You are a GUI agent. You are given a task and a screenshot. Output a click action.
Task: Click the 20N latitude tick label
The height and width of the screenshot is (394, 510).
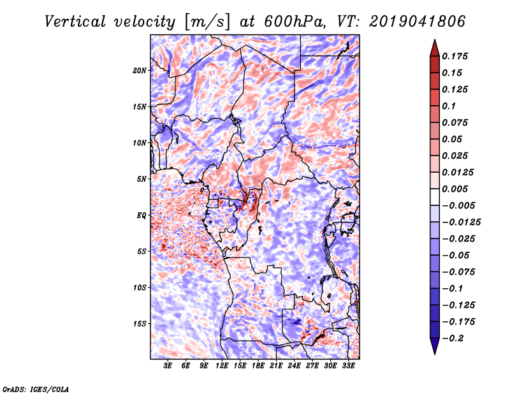[140, 70]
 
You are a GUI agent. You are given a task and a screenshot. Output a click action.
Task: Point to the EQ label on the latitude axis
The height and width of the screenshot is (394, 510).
[141, 215]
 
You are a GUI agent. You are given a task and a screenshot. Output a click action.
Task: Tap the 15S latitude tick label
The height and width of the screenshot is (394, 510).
[140, 324]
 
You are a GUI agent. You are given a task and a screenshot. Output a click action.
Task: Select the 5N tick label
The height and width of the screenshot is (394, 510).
[142, 179]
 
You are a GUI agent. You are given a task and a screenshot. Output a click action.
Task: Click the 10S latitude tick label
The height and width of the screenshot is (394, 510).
[140, 288]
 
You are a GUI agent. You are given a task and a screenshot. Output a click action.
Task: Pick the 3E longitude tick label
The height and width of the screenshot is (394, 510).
[168, 366]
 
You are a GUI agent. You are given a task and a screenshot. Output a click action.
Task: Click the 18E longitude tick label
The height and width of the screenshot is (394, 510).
[258, 366]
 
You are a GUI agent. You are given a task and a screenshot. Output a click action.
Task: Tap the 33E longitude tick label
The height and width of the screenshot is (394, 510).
[348, 366]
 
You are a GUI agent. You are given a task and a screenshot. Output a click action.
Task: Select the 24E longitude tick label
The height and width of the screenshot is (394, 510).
[295, 366]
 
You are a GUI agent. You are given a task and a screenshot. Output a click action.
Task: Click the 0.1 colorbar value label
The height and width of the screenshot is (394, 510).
[450, 106]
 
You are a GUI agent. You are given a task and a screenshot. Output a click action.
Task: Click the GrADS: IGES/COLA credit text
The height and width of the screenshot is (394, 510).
[36, 388]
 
